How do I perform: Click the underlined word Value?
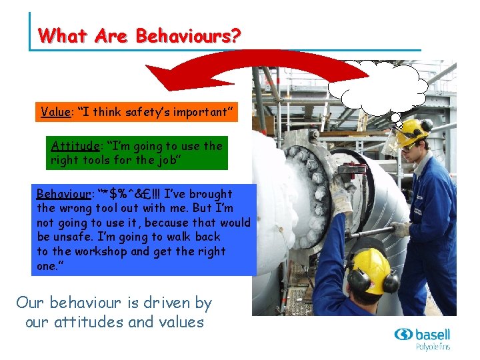(56, 112)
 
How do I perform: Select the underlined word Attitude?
(75, 145)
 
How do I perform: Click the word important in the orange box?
(199, 112)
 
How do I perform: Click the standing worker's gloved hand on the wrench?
(401, 229)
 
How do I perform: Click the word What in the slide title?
(57, 35)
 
